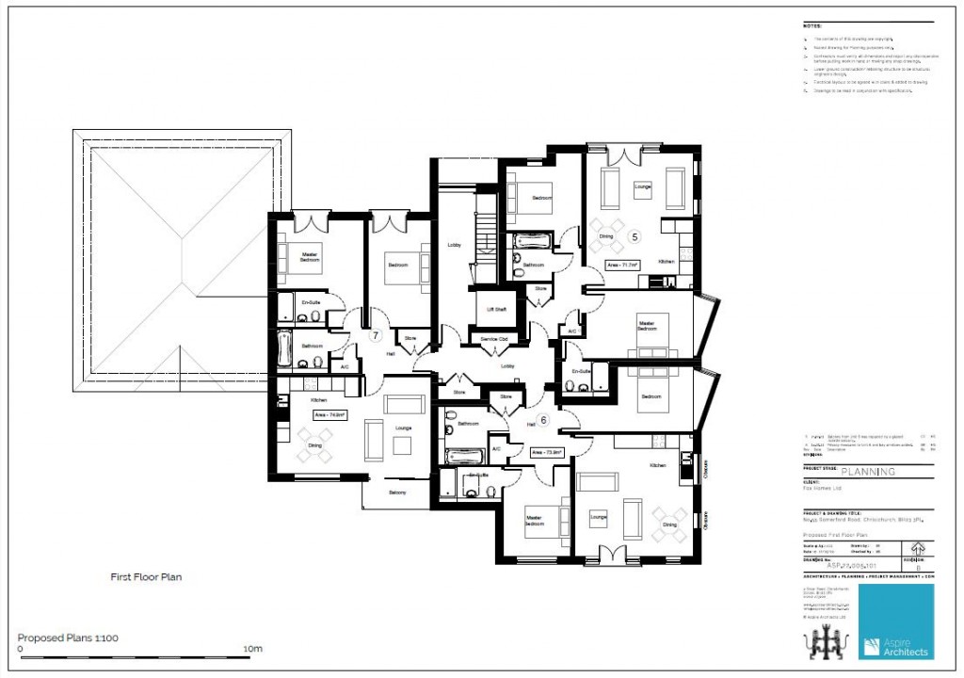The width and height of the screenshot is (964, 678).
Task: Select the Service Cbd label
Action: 494,338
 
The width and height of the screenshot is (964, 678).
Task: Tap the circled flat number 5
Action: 635,236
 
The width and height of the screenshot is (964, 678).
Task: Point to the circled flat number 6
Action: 542,420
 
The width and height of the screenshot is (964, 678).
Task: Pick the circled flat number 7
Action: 375,335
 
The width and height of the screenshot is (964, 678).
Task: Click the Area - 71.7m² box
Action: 623,266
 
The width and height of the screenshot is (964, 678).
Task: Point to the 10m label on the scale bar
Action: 251,650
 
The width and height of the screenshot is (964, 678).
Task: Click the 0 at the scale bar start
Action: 21,650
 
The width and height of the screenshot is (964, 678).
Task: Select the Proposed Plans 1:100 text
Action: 68,638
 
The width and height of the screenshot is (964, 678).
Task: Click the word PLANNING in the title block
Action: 867,473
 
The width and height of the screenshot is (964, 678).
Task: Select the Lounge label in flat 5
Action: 642,186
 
